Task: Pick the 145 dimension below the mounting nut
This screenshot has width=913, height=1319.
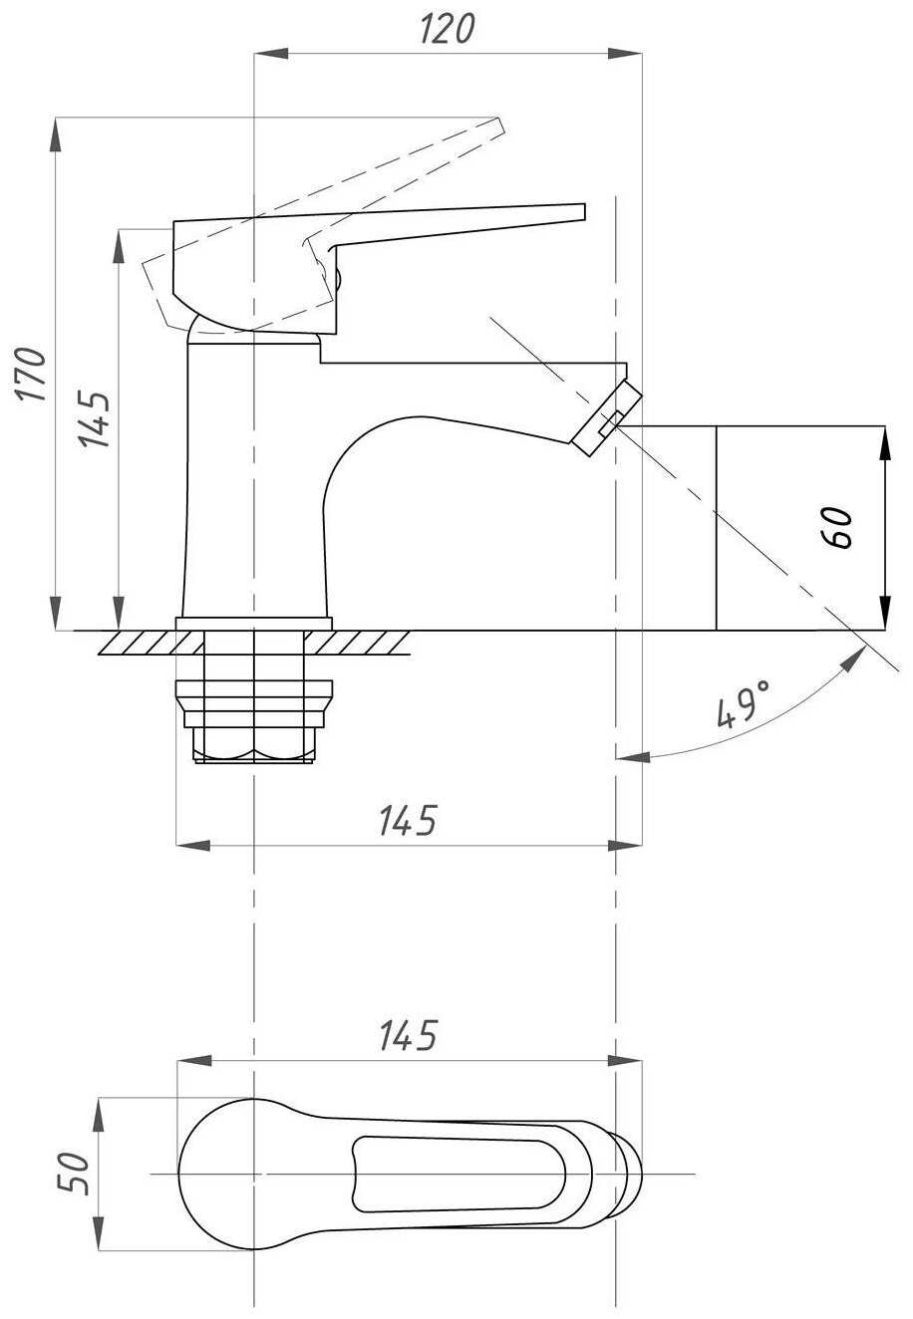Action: (408, 821)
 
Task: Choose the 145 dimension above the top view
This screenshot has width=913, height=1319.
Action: (408, 1036)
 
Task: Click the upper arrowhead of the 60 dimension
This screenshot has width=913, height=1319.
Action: (884, 439)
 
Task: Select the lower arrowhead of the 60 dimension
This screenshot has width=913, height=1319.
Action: (884, 618)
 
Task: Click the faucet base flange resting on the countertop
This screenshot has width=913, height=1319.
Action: (254, 624)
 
